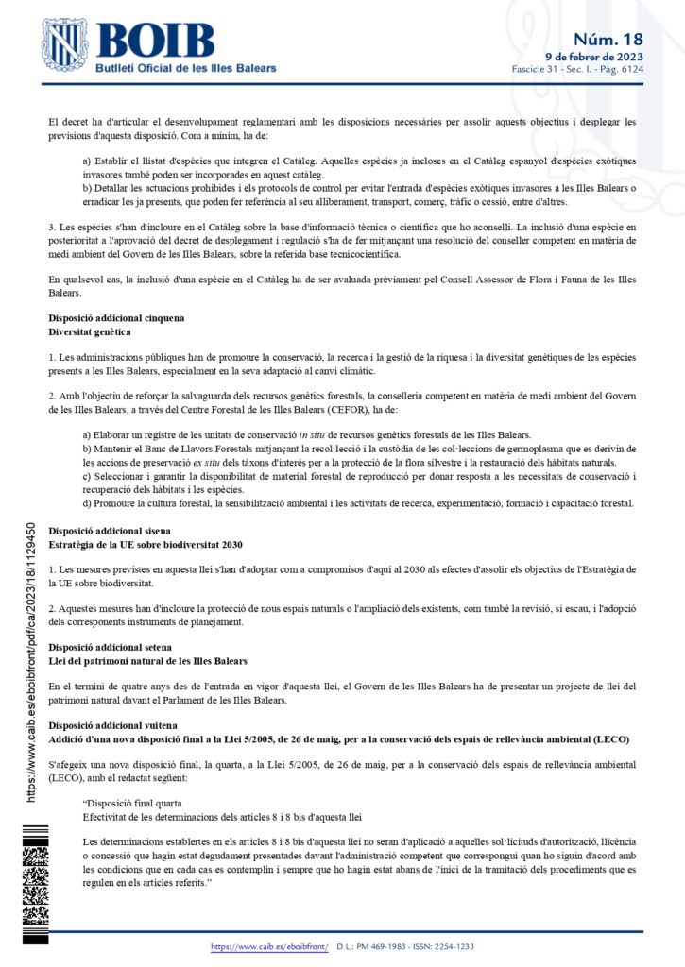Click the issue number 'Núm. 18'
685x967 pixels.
(x=608, y=39)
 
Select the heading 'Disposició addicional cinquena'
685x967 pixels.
(x=116, y=319)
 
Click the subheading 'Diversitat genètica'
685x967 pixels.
(x=90, y=332)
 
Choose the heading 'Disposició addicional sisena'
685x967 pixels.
(x=110, y=531)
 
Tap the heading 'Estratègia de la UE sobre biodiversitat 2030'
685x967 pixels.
(x=146, y=545)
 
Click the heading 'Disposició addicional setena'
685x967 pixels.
(x=110, y=647)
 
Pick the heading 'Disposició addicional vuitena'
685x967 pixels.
(x=111, y=724)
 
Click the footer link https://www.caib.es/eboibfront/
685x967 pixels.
(x=269, y=945)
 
